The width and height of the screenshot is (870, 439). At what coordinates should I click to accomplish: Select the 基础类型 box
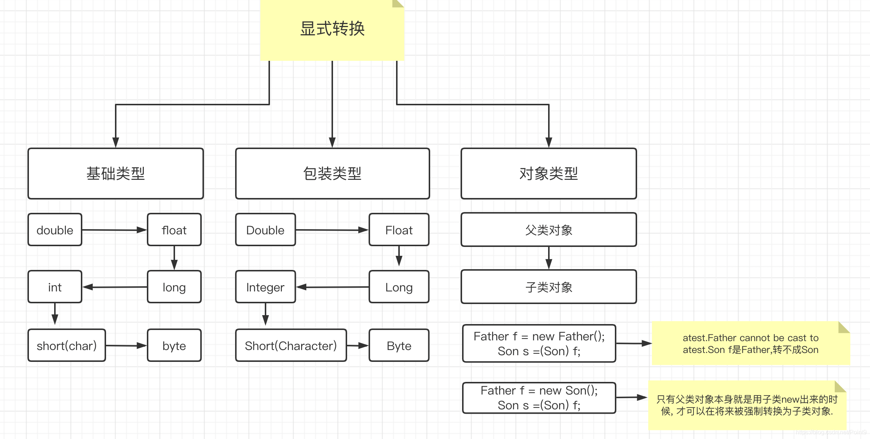point(116,174)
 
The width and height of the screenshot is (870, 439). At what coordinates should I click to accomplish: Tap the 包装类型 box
point(332,174)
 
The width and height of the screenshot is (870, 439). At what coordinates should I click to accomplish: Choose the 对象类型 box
point(548,174)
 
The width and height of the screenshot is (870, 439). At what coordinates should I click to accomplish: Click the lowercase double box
point(55,230)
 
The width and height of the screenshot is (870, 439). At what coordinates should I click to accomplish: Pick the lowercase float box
point(174,230)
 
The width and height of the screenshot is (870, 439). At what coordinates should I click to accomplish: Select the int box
point(55,287)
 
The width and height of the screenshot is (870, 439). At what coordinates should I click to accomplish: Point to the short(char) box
point(67,346)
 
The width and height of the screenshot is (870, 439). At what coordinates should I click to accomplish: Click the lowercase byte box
point(174,346)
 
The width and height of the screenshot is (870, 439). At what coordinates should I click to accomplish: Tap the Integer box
point(265,287)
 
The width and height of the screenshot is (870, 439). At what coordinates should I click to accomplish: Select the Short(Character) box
point(291,346)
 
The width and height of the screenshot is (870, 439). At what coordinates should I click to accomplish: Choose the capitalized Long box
point(399,287)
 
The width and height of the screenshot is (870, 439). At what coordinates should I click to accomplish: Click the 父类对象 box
point(548,230)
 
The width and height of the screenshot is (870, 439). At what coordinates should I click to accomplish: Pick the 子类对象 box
point(548,287)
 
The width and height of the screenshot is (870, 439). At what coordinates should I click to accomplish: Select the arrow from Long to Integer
point(332,287)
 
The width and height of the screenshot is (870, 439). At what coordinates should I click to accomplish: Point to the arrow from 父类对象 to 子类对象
point(549,258)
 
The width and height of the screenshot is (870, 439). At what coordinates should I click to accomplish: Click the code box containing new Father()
point(539,343)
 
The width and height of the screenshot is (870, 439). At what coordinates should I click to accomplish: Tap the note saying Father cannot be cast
point(751,343)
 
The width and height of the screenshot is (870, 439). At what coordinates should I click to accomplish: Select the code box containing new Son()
point(539,398)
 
